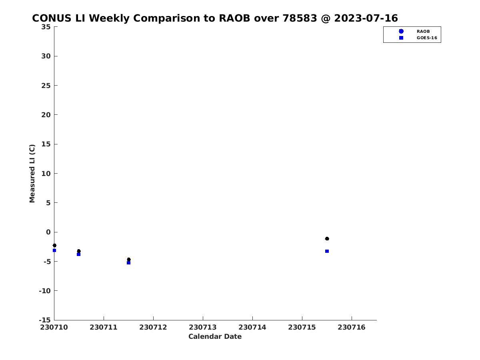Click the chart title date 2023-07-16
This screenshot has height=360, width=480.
(x=366, y=18)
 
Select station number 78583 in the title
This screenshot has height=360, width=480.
(x=300, y=18)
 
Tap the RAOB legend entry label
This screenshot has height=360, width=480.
(x=423, y=32)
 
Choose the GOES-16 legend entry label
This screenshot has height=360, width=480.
(x=427, y=38)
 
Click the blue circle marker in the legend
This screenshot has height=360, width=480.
(x=401, y=31)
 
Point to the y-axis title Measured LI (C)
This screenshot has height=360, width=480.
(x=32, y=174)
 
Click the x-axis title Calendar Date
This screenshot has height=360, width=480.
(x=215, y=336)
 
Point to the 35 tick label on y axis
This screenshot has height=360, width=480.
(x=46, y=27)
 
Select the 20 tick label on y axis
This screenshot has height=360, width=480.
(x=46, y=115)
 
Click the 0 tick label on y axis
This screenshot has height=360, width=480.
(x=48, y=232)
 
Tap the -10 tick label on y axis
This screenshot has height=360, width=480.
(x=45, y=291)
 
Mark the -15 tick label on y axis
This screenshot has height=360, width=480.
(x=45, y=320)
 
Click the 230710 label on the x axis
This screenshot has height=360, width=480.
(x=54, y=327)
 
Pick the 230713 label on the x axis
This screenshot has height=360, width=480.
(x=203, y=327)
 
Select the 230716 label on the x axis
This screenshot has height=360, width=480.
(x=352, y=327)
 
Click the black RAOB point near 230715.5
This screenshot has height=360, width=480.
(x=327, y=239)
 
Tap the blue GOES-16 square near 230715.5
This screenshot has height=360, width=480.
(x=327, y=251)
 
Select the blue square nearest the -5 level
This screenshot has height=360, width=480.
(x=128, y=263)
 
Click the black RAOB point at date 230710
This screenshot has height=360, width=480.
(x=54, y=246)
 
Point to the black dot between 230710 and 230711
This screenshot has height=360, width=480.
(x=79, y=251)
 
